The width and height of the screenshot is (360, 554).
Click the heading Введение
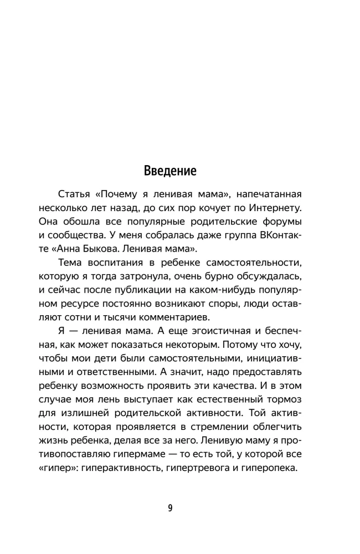170,170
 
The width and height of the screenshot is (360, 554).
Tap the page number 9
171,508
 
